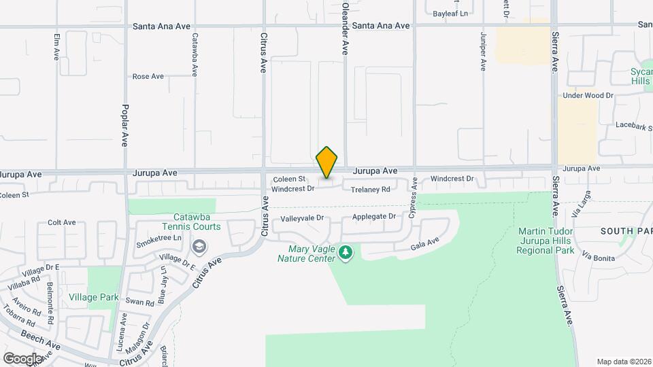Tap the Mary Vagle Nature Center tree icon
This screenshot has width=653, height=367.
click(x=346, y=254)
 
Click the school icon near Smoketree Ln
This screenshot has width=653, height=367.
click(x=199, y=245)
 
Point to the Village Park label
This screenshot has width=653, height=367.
click(x=94, y=297)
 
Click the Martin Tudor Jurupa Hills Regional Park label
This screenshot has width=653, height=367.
click(x=546, y=241)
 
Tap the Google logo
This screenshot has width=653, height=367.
click(x=22, y=358)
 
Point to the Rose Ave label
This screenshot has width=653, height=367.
click(x=148, y=77)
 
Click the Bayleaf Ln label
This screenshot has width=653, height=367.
click(x=451, y=13)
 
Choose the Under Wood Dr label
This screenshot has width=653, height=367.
click(x=588, y=96)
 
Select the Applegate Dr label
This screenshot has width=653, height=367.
click(x=373, y=217)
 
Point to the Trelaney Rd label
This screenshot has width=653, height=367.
click(x=371, y=190)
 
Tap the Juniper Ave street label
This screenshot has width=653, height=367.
click(x=484, y=51)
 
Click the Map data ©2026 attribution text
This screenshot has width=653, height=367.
click(x=622, y=361)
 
